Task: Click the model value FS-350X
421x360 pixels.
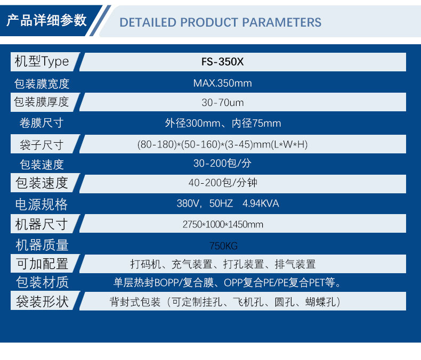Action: [222, 62]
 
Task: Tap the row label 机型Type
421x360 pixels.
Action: [42, 61]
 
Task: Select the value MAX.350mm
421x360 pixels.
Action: [222, 83]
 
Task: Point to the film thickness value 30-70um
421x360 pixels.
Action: [223, 102]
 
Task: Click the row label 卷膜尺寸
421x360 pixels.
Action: [42, 123]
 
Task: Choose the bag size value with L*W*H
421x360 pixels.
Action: [222, 144]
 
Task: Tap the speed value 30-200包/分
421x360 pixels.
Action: [222, 163]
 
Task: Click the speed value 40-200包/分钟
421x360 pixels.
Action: [223, 183]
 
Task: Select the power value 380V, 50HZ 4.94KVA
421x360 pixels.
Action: [228, 203]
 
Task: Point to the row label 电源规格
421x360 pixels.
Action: [42, 204]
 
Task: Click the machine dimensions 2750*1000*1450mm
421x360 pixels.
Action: [223, 224]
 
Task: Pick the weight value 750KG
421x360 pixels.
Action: [223, 246]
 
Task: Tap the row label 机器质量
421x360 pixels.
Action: [42, 245]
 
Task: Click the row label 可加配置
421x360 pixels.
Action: [42, 264]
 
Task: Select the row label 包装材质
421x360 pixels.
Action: [42, 282]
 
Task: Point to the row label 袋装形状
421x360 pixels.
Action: [42, 301]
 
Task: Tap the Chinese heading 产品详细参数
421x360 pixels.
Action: [46, 20]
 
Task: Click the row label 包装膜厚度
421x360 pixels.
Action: [42, 102]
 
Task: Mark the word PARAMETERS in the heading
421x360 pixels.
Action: [282, 22]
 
